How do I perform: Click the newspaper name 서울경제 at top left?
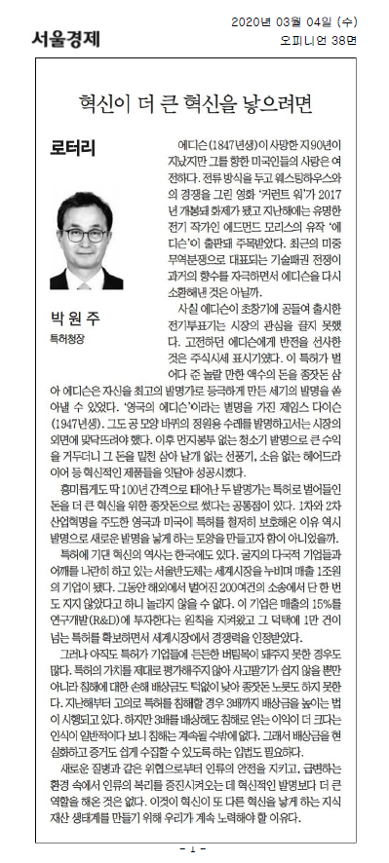[x=58, y=39]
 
